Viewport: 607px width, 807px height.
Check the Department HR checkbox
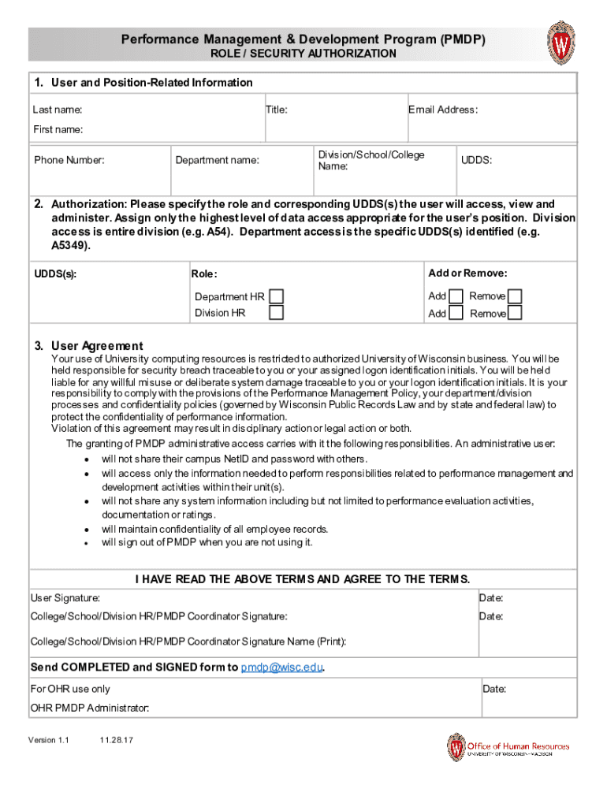pos(277,296)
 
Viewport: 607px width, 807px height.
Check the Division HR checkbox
pos(277,313)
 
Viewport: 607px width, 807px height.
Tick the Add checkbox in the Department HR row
pos(456,296)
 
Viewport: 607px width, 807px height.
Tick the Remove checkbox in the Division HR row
pos(515,313)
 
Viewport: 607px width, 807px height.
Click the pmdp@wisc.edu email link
pos(281,668)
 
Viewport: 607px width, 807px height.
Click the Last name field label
pos(58,110)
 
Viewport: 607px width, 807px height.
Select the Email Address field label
pos(442,110)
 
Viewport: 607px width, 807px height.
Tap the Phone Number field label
pos(69,160)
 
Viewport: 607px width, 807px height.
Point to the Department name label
pos(217,160)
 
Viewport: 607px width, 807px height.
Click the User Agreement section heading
pos(97,346)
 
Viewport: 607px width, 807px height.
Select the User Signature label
pos(65,599)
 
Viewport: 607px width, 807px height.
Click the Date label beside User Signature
pos(491,599)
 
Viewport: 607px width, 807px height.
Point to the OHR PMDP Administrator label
pos(90,708)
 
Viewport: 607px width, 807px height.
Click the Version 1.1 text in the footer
pos(49,741)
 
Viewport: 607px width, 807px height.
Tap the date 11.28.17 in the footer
pos(115,741)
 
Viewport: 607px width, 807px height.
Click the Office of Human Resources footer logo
pos(508,747)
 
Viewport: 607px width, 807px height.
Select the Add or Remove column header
pos(467,273)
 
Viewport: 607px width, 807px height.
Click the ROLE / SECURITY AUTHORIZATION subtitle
pos(303,54)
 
